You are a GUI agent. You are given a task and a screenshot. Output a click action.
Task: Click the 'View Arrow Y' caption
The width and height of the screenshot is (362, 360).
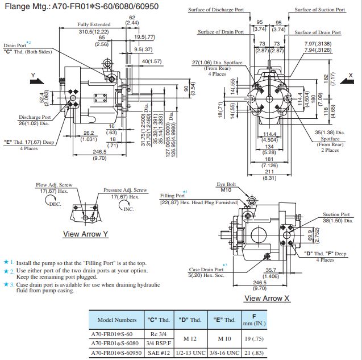click(85, 234)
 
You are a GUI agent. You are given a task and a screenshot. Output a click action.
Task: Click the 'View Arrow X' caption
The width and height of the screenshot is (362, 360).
click(267, 298)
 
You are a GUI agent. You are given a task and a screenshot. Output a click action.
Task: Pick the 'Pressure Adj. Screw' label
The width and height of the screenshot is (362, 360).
click(125, 190)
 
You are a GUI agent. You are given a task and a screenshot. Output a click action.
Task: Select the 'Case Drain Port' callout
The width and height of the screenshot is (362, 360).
click(206, 270)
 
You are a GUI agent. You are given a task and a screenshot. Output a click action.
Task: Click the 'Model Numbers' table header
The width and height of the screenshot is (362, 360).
click(116, 320)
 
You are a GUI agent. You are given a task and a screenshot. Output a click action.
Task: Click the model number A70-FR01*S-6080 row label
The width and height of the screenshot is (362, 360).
click(115, 344)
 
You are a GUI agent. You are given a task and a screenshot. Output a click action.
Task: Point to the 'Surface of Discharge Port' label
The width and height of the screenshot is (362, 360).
click(215, 10)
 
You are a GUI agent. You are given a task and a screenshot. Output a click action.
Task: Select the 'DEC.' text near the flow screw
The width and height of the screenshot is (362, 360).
click(55, 203)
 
